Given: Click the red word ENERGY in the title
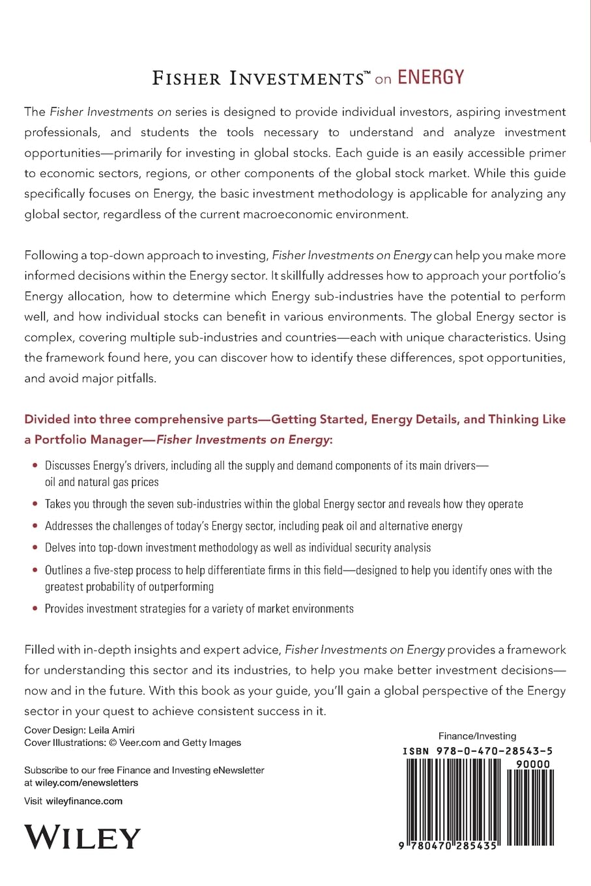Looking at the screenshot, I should point(431,78).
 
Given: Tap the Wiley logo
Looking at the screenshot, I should point(82,836).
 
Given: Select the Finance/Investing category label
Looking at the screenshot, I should point(477,736).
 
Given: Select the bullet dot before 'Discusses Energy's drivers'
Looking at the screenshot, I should point(35,466).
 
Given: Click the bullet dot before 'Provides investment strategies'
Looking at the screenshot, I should point(35,608).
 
